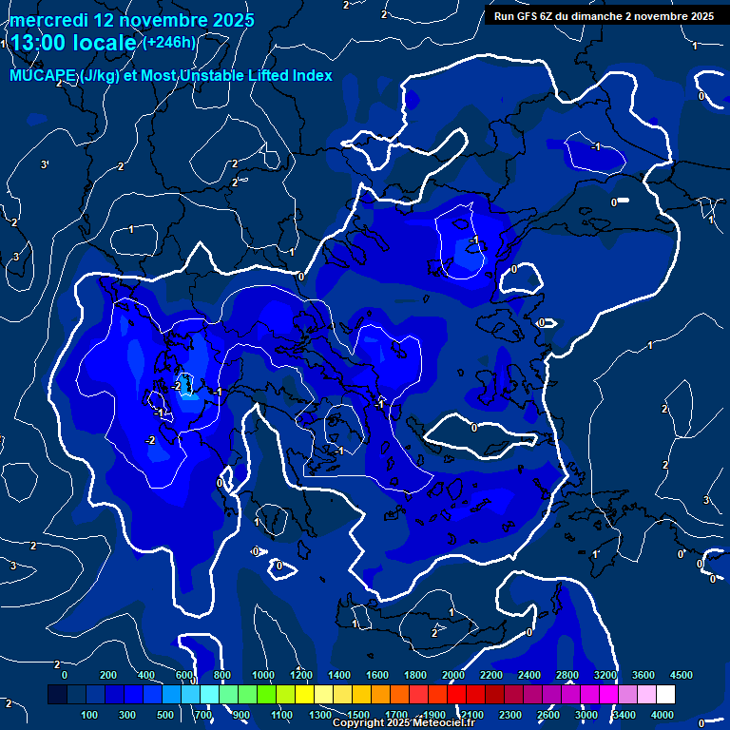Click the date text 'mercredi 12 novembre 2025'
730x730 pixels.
click(131, 20)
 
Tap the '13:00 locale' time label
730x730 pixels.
click(73, 43)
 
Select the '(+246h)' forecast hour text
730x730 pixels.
click(169, 42)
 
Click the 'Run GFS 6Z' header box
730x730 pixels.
click(604, 16)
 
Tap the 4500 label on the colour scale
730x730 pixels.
click(682, 675)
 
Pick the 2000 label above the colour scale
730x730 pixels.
click(453, 675)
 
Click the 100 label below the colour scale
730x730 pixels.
click(89, 715)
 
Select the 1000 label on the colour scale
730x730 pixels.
click(263, 675)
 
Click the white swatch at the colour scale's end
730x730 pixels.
click(665, 695)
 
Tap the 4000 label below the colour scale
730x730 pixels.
click(663, 715)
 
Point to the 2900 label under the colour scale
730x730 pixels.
click(586, 715)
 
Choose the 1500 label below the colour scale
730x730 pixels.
click(358, 715)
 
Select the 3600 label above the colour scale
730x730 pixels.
click(644, 675)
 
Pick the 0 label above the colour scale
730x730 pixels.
click(65, 675)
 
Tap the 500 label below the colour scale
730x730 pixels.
click(165, 715)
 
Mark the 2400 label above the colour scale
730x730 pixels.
click(529, 675)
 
